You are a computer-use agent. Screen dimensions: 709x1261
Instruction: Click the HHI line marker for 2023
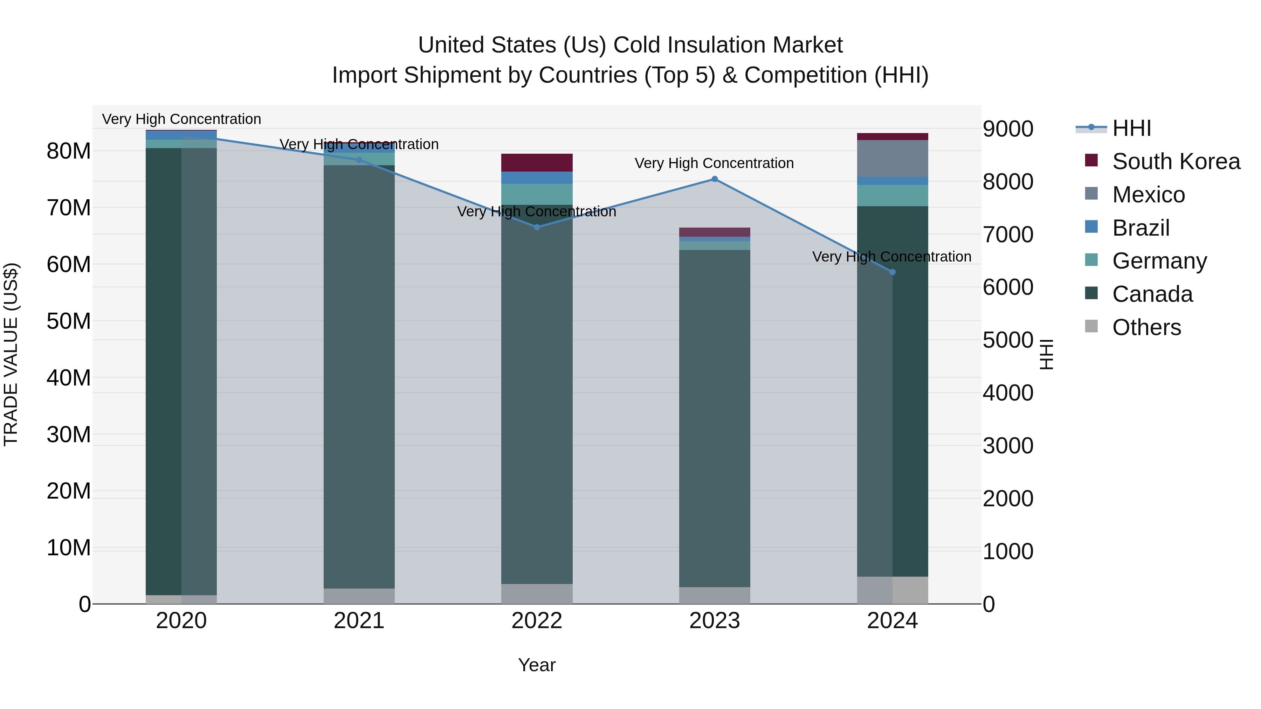point(714,179)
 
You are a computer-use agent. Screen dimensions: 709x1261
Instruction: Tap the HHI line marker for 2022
point(537,227)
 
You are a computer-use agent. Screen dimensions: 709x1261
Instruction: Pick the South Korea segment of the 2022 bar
point(537,162)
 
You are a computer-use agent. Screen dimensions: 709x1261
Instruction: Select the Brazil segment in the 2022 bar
point(537,178)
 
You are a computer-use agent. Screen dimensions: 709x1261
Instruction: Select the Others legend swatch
point(1091,326)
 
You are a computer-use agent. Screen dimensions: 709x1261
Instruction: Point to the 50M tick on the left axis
point(69,321)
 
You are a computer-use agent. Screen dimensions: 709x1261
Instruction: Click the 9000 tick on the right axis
point(1008,129)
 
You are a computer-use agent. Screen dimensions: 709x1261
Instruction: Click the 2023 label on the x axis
point(714,621)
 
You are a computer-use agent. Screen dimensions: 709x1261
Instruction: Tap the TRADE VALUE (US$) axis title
point(11,354)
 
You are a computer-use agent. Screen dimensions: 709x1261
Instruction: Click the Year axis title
point(537,665)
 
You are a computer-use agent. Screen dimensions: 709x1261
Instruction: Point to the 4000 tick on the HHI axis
point(1008,393)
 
